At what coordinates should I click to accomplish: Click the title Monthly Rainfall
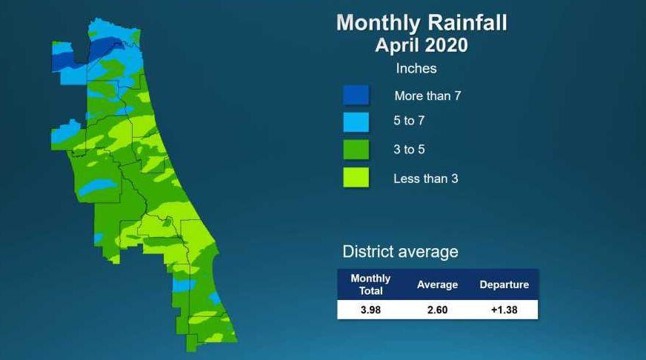(422, 23)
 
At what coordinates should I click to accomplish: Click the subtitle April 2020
(422, 45)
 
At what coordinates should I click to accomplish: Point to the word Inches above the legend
(416, 68)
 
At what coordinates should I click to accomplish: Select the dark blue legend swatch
(356, 95)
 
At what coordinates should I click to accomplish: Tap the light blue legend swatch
(356, 122)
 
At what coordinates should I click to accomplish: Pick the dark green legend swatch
(356, 150)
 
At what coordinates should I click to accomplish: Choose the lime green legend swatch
(356, 178)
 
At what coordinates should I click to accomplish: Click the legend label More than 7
(427, 96)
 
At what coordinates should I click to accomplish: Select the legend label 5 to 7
(409, 121)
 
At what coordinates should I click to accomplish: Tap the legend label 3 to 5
(409, 149)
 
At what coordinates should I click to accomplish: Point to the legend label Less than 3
(425, 179)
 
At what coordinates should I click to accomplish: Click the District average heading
(400, 252)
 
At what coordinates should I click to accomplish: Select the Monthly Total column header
(370, 284)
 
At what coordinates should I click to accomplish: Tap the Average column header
(437, 284)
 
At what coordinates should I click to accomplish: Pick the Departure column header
(505, 284)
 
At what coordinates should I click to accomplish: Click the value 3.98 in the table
(370, 310)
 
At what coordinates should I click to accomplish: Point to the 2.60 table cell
(437, 310)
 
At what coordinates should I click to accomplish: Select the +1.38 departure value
(505, 310)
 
